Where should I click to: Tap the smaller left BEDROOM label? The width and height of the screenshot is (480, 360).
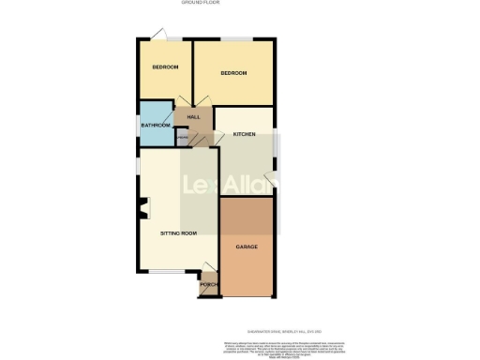click(165, 67)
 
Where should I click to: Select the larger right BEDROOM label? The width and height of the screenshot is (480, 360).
click(233, 73)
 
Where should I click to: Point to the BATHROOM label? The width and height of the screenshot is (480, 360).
click(156, 126)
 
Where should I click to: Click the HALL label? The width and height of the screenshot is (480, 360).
click(194, 117)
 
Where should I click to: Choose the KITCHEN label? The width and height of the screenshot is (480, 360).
click(245, 135)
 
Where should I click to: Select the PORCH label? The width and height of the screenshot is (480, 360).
click(208, 285)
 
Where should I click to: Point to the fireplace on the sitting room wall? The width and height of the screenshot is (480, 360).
click(142, 209)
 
